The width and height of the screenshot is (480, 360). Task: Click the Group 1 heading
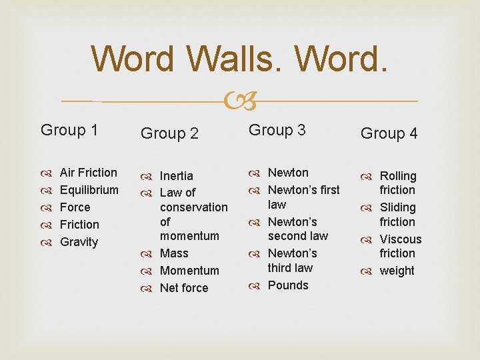tap(69, 130)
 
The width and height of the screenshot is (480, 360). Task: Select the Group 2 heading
tap(169, 133)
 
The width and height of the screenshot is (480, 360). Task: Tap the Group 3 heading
tap(277, 130)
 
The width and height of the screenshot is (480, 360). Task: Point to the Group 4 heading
tap(389, 133)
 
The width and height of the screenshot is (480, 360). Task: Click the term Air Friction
tap(88, 173)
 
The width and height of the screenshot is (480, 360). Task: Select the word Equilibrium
tap(89, 190)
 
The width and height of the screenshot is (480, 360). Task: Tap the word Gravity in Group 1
tap(79, 242)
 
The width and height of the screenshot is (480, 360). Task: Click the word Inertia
tap(177, 176)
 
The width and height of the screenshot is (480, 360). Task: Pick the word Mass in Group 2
tap(174, 253)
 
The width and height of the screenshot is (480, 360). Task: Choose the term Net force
tap(184, 288)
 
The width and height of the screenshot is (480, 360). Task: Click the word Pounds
tap(288, 285)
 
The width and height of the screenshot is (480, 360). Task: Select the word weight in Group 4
tap(397, 271)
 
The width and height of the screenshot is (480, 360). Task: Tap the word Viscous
tap(401, 239)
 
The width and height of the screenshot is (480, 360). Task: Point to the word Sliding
tap(397, 207)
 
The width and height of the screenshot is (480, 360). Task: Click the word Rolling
tap(398, 176)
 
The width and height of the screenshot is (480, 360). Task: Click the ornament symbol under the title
tap(239, 101)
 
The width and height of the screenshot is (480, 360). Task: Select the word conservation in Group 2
tap(193, 207)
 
